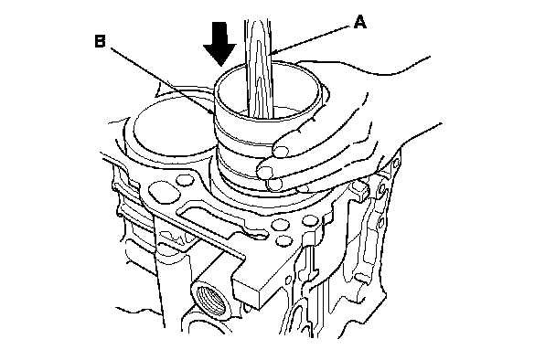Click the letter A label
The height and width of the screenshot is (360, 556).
(360, 22)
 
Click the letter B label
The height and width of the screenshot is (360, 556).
(100, 41)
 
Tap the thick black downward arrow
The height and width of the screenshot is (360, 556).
(219, 44)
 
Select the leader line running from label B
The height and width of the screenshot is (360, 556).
(161, 80)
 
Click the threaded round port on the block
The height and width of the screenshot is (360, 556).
(211, 297)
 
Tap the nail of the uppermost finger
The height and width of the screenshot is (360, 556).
(281, 150)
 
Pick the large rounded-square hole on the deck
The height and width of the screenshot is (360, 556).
(163, 191)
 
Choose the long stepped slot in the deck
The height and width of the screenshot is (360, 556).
(217, 219)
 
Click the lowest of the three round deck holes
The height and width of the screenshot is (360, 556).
(284, 241)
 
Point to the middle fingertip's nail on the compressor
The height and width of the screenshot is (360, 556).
(265, 172)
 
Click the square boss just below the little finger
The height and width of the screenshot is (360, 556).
(360, 189)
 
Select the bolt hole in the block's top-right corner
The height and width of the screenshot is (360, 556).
(396, 163)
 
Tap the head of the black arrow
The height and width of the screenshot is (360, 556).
(219, 55)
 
